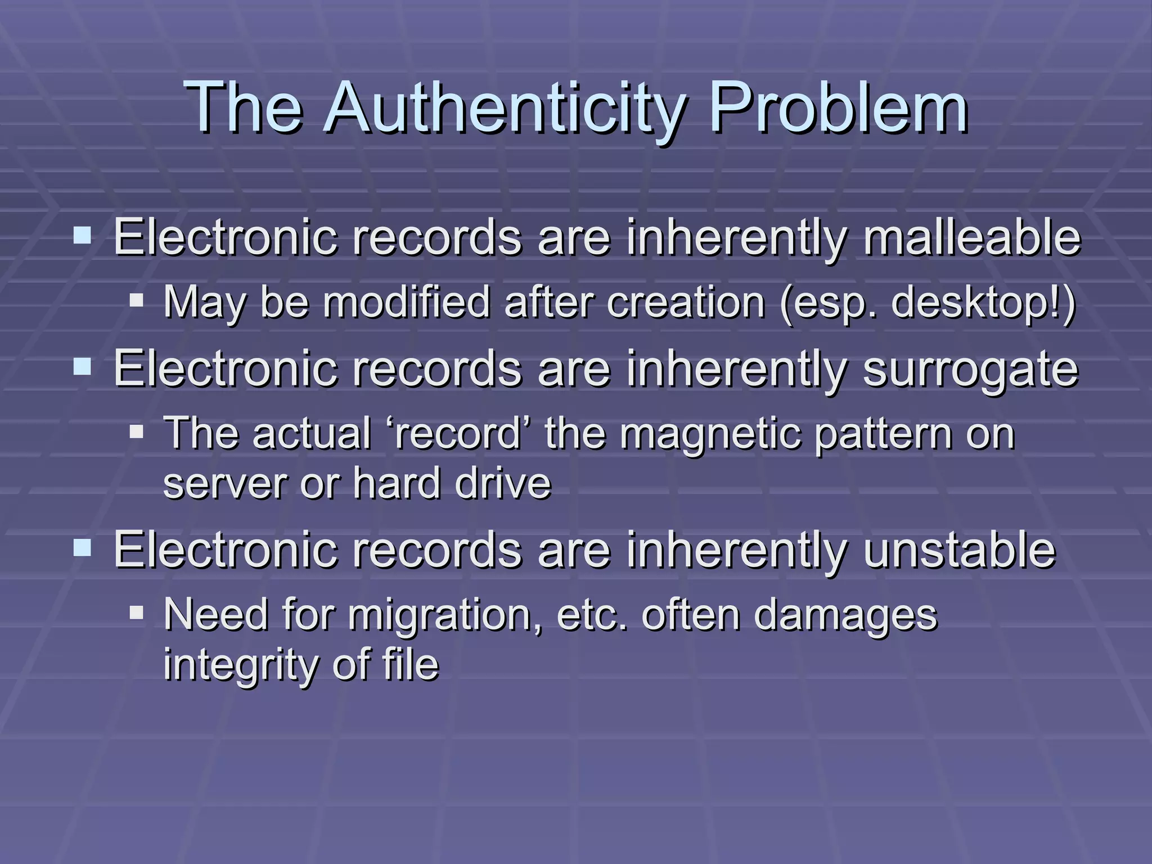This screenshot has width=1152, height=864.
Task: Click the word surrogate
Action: pos(970,369)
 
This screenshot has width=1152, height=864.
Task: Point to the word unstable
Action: pos(959,550)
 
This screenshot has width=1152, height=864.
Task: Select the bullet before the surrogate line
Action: pos(82,367)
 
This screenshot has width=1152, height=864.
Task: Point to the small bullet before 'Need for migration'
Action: pos(137,612)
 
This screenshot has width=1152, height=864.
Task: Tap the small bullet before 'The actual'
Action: pos(137,431)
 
